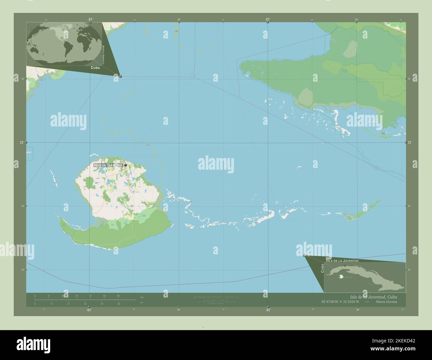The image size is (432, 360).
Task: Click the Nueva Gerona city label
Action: pos(108,165)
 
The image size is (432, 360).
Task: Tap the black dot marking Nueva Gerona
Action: pos(125,165)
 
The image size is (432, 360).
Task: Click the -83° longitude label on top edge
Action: pos(90,19)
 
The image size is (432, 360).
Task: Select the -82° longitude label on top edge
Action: pos(267,19)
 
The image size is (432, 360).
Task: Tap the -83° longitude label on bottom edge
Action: pos(88,310)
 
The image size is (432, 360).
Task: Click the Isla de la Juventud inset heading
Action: pos(342,261)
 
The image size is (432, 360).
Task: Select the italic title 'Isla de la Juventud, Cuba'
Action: pos(373,297)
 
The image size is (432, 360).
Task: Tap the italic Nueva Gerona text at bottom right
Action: pos(386,302)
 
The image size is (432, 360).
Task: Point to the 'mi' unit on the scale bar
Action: pos(142,303)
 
